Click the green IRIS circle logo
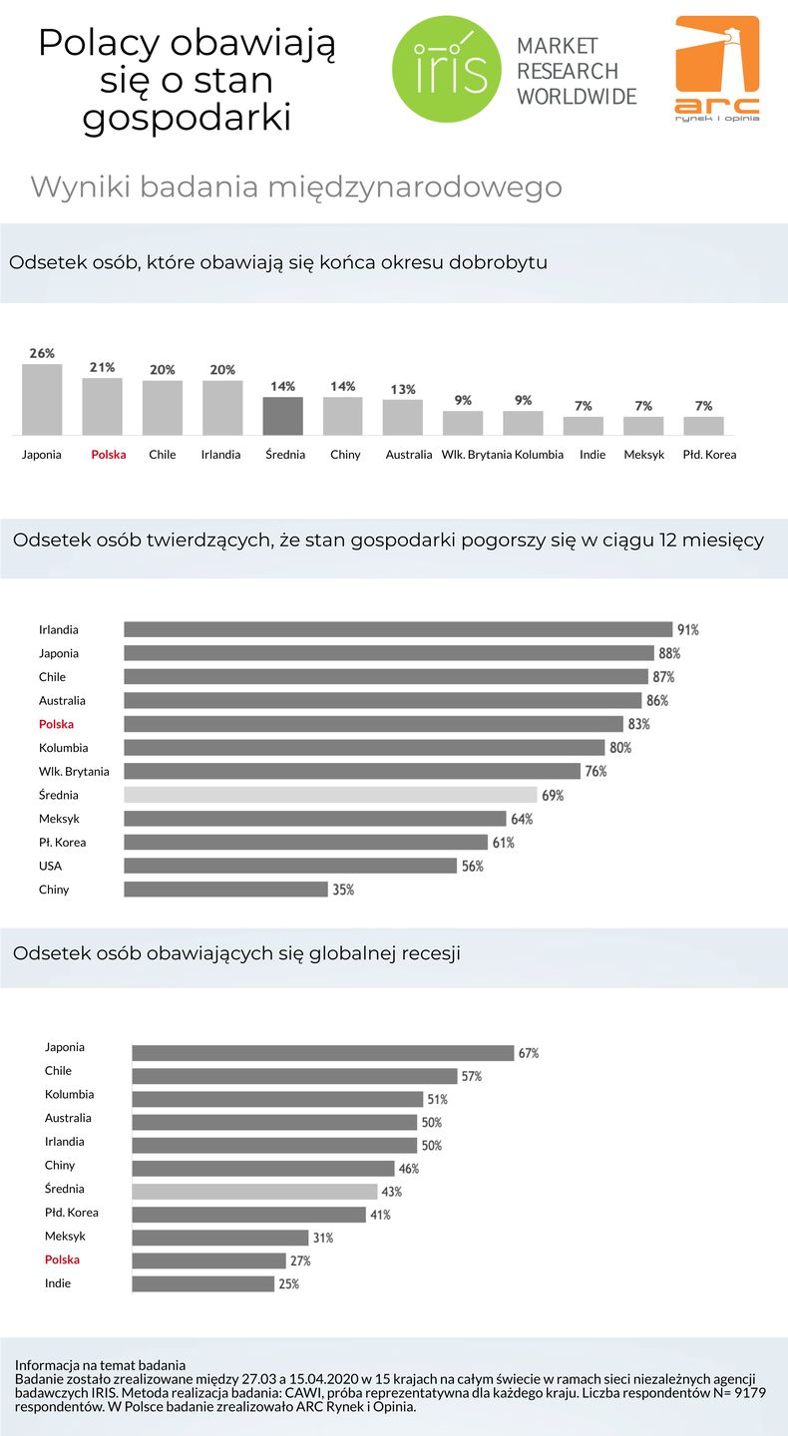click(446, 68)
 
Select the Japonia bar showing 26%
click(42, 399)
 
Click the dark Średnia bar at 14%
click(283, 416)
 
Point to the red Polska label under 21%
click(108, 455)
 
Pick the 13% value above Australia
click(403, 390)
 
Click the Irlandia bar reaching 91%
click(397, 629)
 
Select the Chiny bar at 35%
click(225, 889)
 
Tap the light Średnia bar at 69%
click(330, 795)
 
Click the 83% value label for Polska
click(639, 724)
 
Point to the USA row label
click(50, 866)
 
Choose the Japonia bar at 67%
click(322, 1053)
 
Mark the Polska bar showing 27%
click(208, 1260)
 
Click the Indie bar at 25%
click(202, 1284)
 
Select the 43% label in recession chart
click(391, 1192)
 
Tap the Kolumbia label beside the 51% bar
click(70, 1094)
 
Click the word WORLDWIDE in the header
click(576, 97)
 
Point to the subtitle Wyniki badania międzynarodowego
click(296, 187)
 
